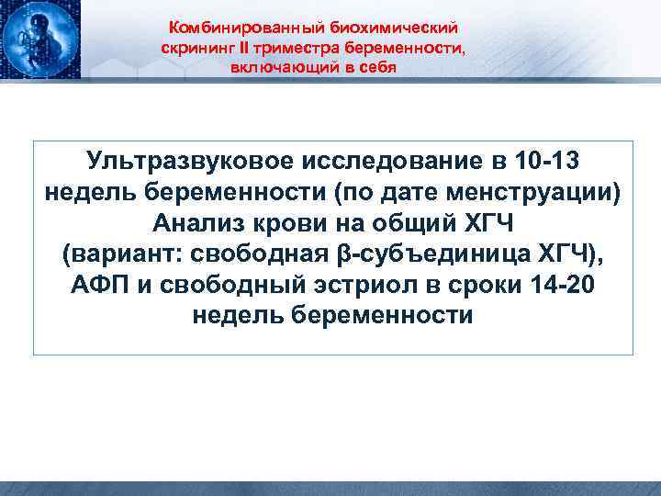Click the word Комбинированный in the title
226,30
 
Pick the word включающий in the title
275,69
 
